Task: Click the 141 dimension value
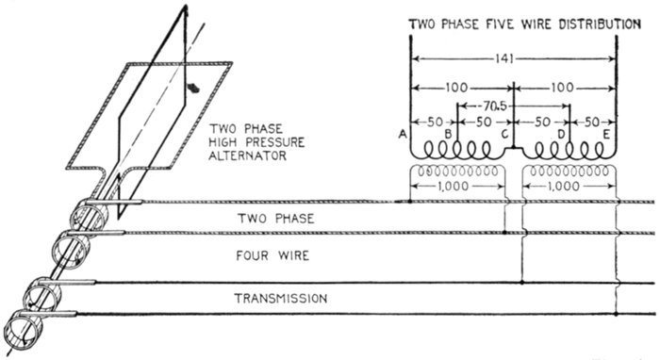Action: pos(504,58)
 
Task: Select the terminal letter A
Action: pos(403,134)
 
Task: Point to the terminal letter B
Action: pos(449,135)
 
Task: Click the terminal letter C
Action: pos(505,135)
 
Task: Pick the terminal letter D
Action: pos(561,135)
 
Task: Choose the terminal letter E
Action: pos(606,135)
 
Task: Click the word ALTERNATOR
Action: pos(247,155)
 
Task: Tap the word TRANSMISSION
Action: pos(281,298)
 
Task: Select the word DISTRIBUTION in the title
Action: pos(600,25)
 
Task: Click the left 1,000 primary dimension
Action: pos(453,186)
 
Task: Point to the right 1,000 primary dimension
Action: pos(564,186)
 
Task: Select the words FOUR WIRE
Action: pos(272,255)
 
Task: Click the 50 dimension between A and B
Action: pos(435,122)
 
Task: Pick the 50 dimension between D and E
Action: pos(592,122)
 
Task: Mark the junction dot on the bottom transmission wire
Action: pos(616,314)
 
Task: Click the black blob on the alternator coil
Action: pos(193,88)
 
